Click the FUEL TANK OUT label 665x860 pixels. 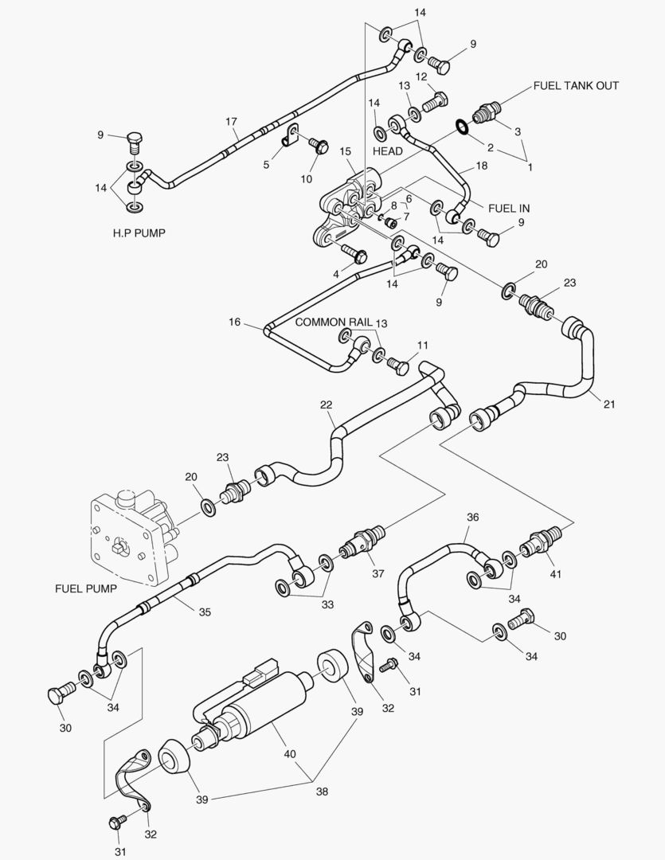576,86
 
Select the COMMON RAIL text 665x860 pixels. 334,322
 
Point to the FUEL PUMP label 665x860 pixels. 85,589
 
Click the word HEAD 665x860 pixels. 387,151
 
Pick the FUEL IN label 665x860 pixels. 509,209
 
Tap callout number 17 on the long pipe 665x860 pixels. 231,122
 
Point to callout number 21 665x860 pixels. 609,405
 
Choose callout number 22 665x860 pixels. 327,405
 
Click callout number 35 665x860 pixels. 205,612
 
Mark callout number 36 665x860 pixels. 472,517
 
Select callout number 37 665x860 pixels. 377,574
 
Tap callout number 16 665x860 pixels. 235,322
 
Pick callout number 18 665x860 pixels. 481,166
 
